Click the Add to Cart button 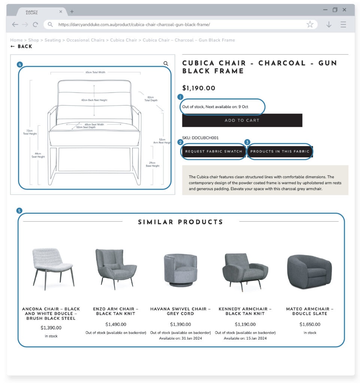coord(242,120)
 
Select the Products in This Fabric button coord(280,151)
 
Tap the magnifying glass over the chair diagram coord(166,64)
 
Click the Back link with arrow coord(21,46)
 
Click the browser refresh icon coord(35,24)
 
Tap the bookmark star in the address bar coord(310,24)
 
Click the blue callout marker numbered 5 coord(19,211)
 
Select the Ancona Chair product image coord(53,268)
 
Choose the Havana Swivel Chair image coord(181,270)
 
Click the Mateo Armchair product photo coord(309,271)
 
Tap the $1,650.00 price coord(310,324)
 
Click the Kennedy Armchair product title coord(245,311)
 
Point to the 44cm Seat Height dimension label coord(38,155)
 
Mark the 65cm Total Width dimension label coord(95,72)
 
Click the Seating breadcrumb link coord(52,40)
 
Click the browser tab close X coord(61,12)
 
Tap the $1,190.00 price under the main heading coord(199,88)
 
